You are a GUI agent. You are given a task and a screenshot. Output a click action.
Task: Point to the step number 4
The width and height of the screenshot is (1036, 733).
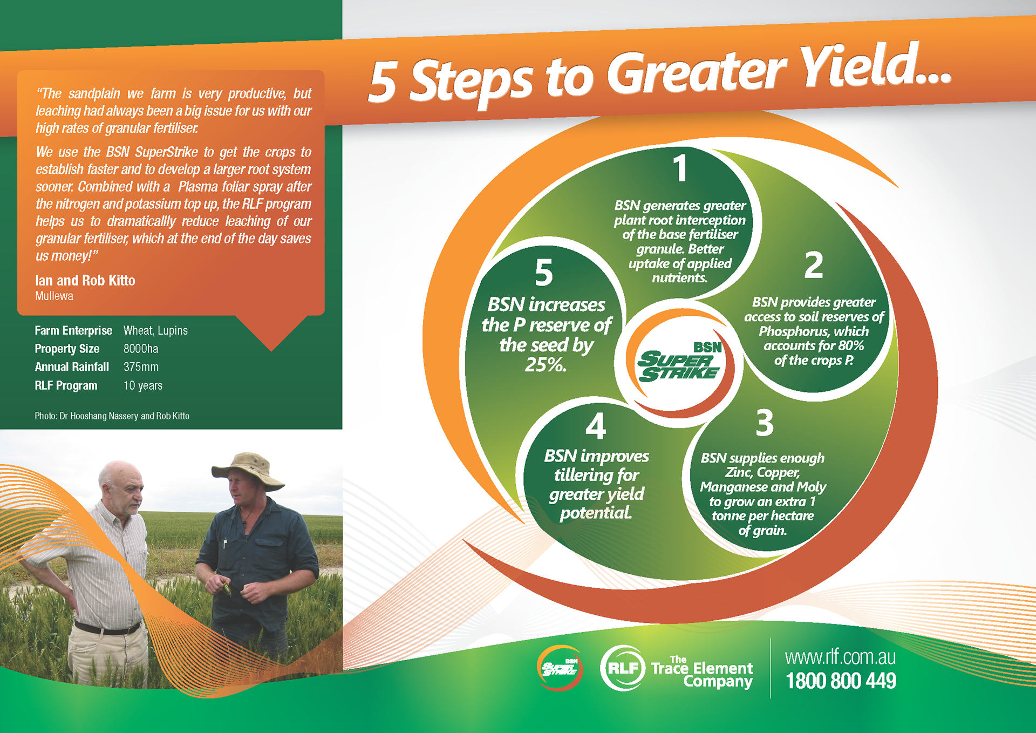tap(596, 426)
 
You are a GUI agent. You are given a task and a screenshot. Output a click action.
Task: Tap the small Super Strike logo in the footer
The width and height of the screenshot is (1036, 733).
tap(560, 668)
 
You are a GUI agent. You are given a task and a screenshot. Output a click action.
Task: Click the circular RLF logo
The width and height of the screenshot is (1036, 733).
tap(623, 668)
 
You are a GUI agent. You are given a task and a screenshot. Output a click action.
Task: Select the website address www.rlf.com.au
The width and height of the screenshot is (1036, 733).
tap(841, 657)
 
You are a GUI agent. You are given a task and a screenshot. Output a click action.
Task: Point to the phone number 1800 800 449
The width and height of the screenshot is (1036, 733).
tap(841, 681)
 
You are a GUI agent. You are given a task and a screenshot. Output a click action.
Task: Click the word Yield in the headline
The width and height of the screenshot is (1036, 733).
tap(874, 66)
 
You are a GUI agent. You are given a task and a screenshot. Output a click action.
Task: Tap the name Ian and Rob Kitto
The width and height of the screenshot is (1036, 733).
tap(85, 281)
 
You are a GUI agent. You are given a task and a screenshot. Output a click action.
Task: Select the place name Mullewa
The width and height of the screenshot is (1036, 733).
tap(54, 296)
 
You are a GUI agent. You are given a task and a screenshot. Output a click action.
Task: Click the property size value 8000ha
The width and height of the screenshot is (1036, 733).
tap(141, 349)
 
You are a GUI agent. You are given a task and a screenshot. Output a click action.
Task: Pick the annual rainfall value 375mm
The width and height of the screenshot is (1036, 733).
tap(141, 367)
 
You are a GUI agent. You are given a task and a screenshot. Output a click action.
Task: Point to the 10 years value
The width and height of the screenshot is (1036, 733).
tap(143, 385)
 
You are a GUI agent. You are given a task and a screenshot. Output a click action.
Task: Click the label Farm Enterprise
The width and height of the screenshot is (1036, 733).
tap(73, 330)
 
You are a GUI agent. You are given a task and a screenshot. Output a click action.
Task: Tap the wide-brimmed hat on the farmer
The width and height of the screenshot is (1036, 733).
tap(248, 471)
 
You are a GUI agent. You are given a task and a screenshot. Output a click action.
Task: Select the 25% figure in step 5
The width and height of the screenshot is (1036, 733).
tap(546, 365)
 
